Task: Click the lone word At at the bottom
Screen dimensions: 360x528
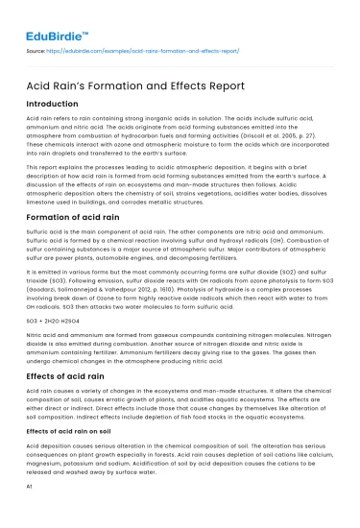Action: [x=32, y=487]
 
